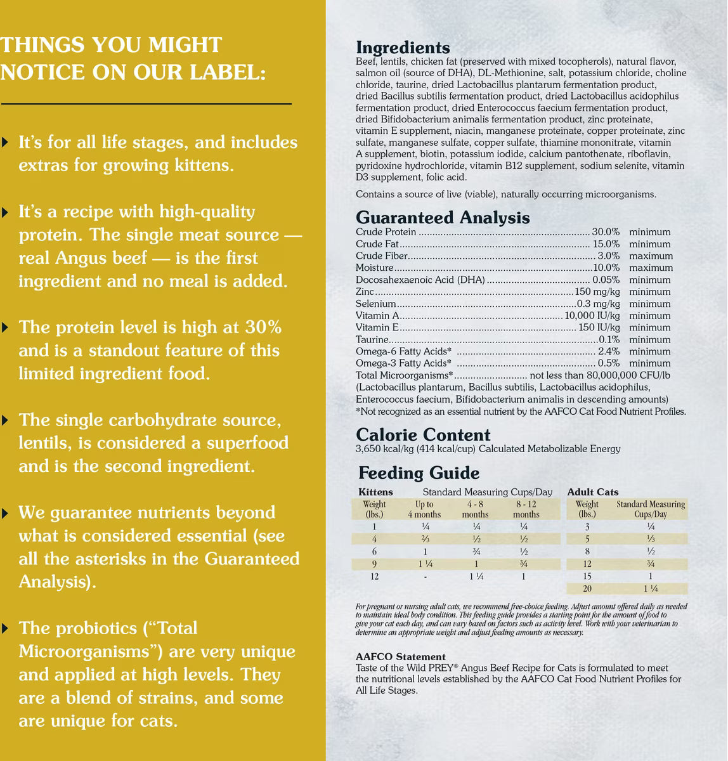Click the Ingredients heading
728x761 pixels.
pos(403,48)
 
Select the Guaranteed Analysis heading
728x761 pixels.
pos(443,218)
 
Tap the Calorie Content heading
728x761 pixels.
pos(423,435)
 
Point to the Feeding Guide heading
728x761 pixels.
pos(419,473)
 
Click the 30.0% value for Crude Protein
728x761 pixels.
pos(606,232)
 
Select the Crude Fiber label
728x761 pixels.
pos(381,256)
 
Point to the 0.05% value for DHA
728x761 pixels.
pos(606,280)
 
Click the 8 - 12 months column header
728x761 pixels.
pos(526,509)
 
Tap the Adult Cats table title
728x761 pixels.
pos(593,492)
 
